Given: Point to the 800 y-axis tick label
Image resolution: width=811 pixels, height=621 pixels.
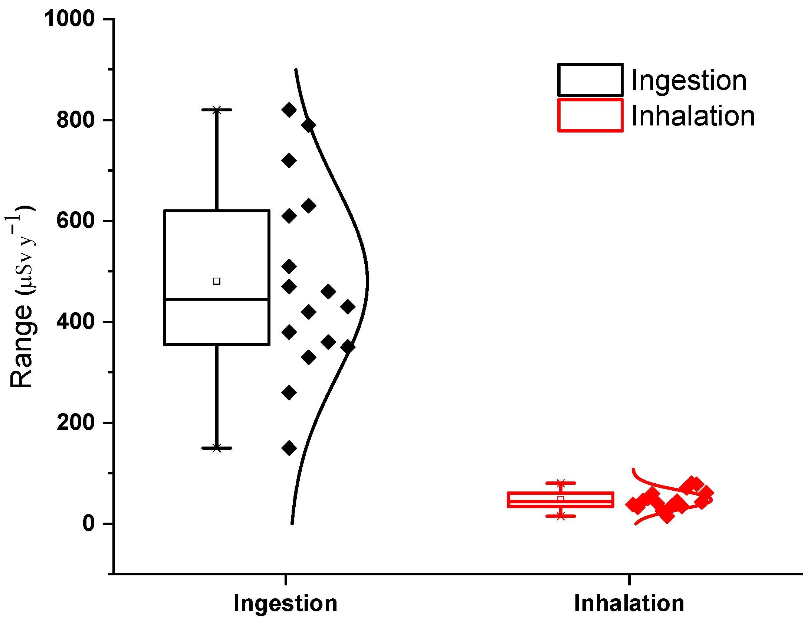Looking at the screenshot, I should pos(76,120).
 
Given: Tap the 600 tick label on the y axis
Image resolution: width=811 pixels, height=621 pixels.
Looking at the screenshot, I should pos(76,221).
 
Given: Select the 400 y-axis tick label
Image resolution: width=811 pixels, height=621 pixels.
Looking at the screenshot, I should pos(76,322).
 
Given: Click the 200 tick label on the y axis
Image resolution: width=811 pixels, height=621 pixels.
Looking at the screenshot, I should pos(76,423).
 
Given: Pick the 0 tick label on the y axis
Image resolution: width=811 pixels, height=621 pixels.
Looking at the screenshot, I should pos(89,524).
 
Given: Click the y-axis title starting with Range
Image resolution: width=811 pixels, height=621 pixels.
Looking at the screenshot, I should pos(22,297).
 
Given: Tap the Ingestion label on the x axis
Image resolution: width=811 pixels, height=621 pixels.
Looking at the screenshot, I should pos(285,603).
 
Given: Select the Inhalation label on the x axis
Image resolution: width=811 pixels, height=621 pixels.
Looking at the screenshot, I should pos(629,603).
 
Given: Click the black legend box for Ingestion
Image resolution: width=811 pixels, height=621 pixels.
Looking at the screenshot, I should pos(590,80).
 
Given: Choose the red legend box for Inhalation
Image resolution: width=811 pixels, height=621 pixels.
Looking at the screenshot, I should pos(590,115).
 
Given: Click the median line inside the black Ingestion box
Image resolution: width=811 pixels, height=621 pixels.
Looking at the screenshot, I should pos(217,299).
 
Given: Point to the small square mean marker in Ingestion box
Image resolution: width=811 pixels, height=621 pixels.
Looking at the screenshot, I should pos(217,281).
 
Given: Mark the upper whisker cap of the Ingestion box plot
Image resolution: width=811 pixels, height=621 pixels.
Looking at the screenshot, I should pos(217,110).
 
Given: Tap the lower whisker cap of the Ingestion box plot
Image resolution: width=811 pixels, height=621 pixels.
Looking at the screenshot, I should pos(217,448).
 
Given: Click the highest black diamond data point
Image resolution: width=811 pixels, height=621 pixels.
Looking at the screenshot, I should pos(289,110).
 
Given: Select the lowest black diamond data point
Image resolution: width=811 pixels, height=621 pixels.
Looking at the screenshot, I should pos(289,448).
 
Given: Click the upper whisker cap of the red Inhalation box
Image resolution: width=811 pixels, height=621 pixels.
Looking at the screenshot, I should pos(561,483).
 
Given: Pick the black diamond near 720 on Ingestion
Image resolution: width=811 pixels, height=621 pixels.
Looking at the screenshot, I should pos(289,161).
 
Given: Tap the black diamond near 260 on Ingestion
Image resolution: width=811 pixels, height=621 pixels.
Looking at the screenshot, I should pos(289,393).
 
